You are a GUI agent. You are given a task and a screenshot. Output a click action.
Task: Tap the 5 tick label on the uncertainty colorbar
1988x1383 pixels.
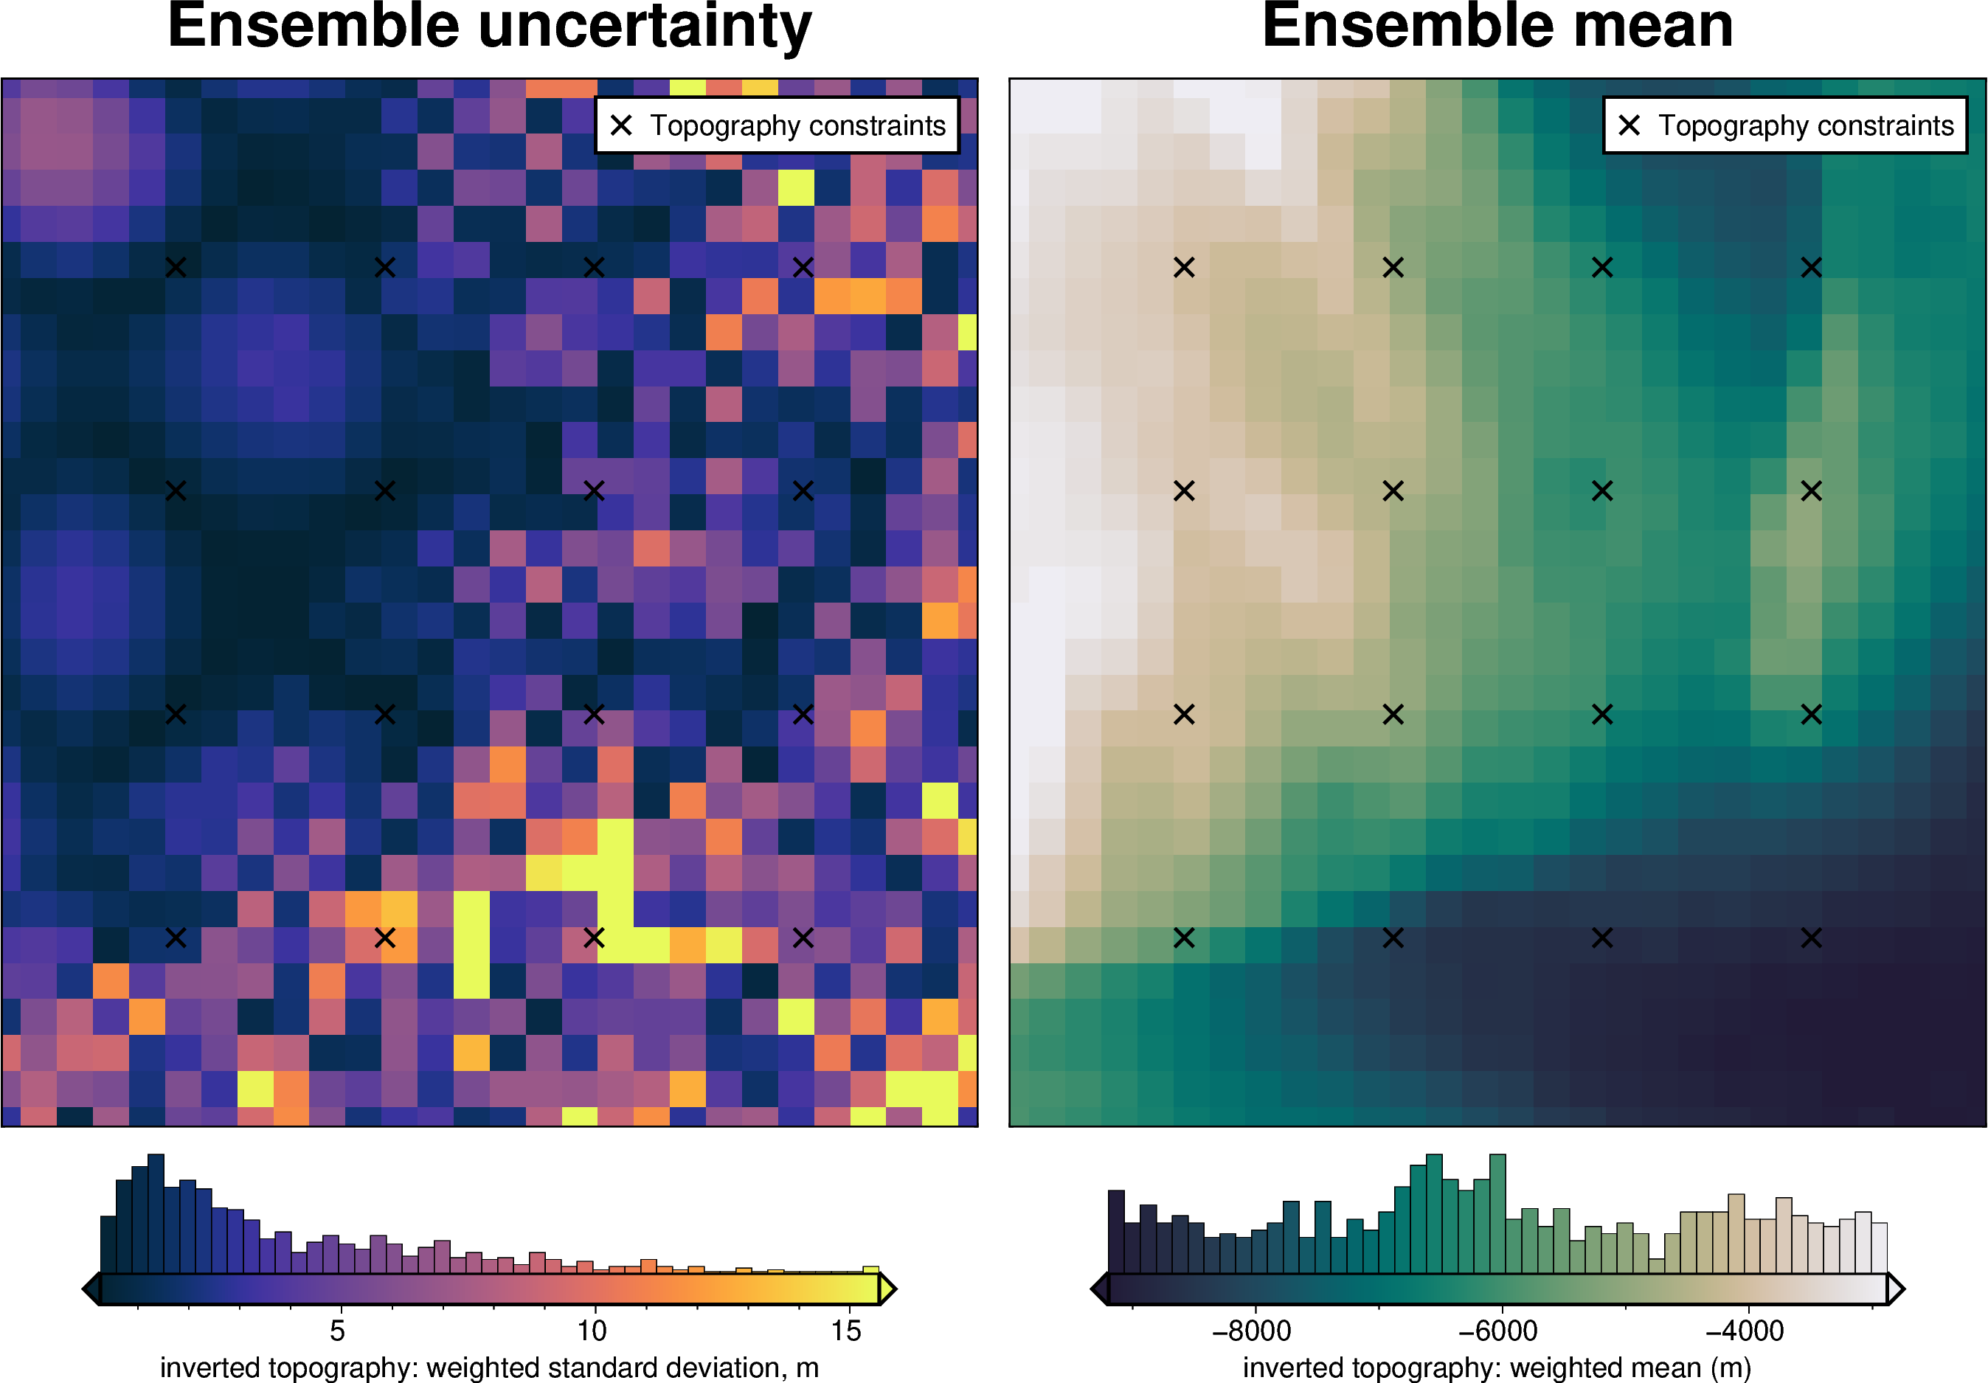(338, 1330)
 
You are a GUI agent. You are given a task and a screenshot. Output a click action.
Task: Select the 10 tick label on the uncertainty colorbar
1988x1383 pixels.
(592, 1330)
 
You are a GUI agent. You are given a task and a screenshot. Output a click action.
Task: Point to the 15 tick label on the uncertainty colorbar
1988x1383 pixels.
(846, 1330)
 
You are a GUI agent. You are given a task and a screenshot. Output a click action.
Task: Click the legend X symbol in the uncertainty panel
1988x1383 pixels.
(621, 125)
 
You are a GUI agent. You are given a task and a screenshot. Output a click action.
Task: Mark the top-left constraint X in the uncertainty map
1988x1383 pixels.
(176, 268)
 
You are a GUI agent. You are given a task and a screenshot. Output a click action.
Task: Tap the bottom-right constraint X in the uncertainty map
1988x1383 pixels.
(803, 938)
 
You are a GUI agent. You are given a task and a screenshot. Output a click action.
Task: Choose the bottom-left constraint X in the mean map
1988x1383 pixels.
(1184, 938)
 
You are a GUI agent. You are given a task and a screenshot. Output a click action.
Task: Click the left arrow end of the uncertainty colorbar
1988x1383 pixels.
(91, 1289)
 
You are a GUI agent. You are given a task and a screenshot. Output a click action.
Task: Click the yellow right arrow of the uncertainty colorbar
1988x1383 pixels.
(887, 1289)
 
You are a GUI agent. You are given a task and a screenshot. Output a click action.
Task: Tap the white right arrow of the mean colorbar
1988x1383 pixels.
(1895, 1289)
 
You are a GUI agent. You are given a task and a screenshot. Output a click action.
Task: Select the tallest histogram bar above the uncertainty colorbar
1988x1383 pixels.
(156, 1213)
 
